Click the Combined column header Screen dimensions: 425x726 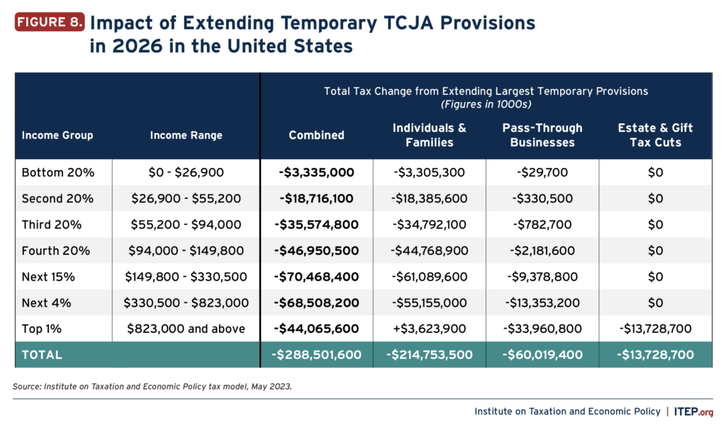(x=316, y=135)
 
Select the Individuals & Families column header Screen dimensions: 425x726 (x=430, y=135)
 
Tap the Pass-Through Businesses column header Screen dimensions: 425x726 (x=542, y=135)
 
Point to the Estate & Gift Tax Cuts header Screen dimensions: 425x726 (x=655, y=135)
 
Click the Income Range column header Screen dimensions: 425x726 (x=186, y=135)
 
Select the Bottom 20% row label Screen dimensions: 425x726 (x=57, y=173)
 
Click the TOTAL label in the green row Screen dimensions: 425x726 (x=42, y=355)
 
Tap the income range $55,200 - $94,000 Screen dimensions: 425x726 (x=186, y=225)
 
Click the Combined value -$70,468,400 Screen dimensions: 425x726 (x=316, y=277)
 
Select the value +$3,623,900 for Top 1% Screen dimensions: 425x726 (x=430, y=329)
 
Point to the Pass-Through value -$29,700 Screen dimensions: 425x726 (x=542, y=173)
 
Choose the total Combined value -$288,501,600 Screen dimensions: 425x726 (x=316, y=355)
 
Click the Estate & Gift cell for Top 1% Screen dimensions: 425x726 (x=655, y=329)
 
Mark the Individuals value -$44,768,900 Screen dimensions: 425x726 (x=430, y=251)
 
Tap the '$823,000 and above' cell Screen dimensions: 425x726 (x=186, y=329)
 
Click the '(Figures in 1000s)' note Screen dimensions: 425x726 (x=486, y=104)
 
